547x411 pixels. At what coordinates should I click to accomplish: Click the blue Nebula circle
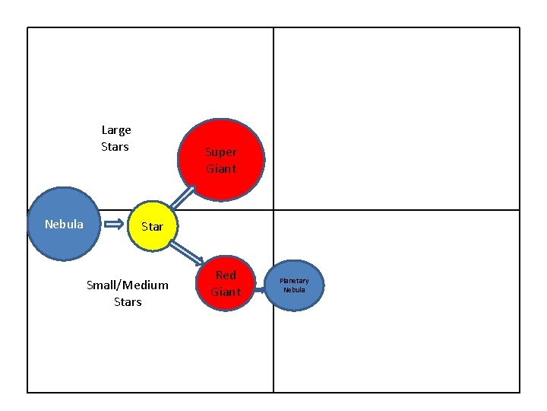pos(65,225)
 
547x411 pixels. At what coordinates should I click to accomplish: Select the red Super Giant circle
pos(222,160)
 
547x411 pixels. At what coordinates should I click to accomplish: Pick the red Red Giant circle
pos(225,283)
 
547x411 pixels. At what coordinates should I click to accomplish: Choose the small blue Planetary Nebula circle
pos(295,285)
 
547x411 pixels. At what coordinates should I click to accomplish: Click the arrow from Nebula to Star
pos(115,225)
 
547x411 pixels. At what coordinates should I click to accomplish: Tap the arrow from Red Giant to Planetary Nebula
pos(264,285)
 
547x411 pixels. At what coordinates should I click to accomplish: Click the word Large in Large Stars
pos(116,130)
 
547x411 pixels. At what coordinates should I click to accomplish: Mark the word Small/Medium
pos(128,285)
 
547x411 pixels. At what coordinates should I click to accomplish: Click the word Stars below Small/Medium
pos(128,302)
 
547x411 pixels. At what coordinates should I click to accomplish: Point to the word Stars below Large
pos(115,146)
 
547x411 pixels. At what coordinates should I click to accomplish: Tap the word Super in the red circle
pos(221,152)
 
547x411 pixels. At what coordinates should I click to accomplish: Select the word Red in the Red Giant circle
pos(226,275)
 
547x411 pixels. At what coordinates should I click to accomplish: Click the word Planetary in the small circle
pos(295,281)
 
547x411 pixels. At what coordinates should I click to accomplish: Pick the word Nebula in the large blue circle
pos(64,225)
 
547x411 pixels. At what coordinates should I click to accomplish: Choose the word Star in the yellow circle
pos(152,227)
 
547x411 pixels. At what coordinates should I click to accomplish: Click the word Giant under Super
pos(221,169)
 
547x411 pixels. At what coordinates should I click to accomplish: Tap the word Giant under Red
pos(226,292)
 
